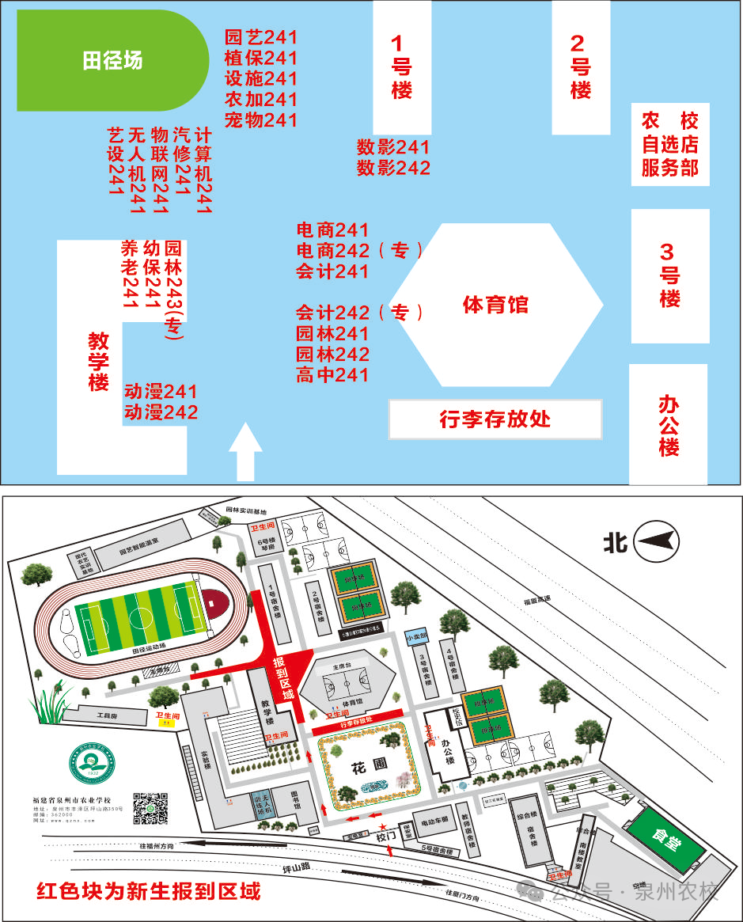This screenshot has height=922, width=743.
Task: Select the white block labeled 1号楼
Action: coord(402,67)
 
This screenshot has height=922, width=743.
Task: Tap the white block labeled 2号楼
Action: coord(581,66)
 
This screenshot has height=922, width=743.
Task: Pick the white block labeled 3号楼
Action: coord(669,275)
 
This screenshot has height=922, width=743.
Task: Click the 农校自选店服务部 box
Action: coord(669,144)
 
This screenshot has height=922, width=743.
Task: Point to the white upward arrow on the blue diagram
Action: coord(245,451)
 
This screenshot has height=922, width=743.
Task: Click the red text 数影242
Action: coord(393,168)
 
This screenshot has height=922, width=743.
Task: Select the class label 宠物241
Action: coord(260,120)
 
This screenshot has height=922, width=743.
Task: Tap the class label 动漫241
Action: coord(161,392)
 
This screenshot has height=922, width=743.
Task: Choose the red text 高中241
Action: coord(332,375)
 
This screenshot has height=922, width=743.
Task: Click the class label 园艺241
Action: coord(260,37)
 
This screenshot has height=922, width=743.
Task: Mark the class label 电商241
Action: coord(332,230)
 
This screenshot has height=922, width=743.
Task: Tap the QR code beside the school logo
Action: coord(150,806)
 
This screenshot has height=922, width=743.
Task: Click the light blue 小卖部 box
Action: coord(415,636)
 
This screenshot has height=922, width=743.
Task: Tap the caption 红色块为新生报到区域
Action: coord(149,892)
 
